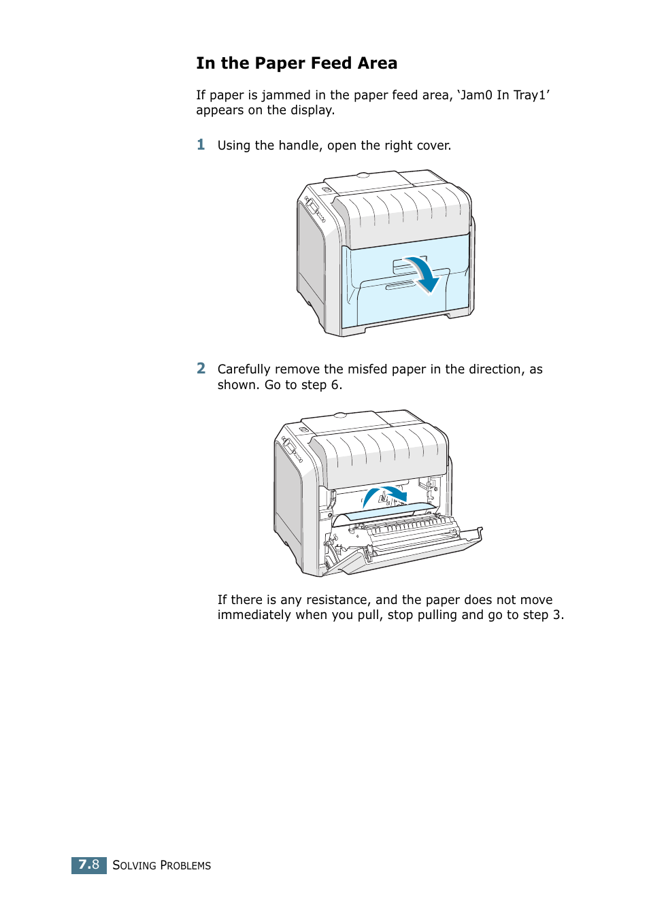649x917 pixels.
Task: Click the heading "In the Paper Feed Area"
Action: coord(297,63)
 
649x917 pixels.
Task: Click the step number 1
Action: coord(201,144)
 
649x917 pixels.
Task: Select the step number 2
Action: coord(201,368)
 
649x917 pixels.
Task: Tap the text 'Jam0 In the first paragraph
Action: coord(475,95)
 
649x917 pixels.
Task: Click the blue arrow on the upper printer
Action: coord(422,273)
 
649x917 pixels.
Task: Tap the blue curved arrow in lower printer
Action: coord(384,495)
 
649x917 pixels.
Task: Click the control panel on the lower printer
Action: coord(292,450)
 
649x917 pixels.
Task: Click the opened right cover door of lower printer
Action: coord(408,544)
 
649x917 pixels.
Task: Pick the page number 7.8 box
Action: coord(89,865)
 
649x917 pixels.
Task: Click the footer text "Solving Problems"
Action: coord(162,865)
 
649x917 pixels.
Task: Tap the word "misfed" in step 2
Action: coord(367,369)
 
